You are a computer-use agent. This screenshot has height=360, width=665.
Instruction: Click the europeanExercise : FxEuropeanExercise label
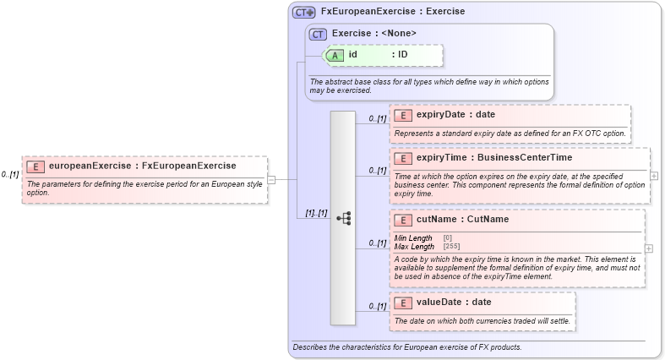(142, 166)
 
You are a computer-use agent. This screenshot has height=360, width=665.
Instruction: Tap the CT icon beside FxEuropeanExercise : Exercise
(303, 13)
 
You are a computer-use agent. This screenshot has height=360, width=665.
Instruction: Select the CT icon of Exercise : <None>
(318, 34)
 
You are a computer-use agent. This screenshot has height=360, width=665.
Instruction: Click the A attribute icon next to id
(335, 55)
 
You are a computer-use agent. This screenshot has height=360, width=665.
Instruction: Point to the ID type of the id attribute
(403, 55)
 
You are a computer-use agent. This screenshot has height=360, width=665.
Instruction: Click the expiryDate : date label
(455, 115)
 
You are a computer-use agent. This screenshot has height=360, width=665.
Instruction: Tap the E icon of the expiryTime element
(403, 158)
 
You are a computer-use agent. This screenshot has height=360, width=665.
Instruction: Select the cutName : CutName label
(462, 220)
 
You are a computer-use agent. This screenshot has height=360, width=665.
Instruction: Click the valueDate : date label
(453, 303)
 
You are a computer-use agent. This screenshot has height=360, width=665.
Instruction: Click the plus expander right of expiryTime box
(654, 176)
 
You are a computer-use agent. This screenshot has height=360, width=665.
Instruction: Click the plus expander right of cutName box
(648, 248)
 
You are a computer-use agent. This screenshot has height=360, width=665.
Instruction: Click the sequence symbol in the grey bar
(343, 218)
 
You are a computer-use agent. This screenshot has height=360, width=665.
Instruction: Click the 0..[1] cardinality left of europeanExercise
(10, 174)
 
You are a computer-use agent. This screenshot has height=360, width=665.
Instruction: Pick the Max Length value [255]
(451, 246)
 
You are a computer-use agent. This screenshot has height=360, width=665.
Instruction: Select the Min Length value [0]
(447, 238)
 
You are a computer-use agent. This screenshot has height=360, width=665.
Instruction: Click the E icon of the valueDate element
(403, 303)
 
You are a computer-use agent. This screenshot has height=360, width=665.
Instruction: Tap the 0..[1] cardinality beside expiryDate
(378, 119)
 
